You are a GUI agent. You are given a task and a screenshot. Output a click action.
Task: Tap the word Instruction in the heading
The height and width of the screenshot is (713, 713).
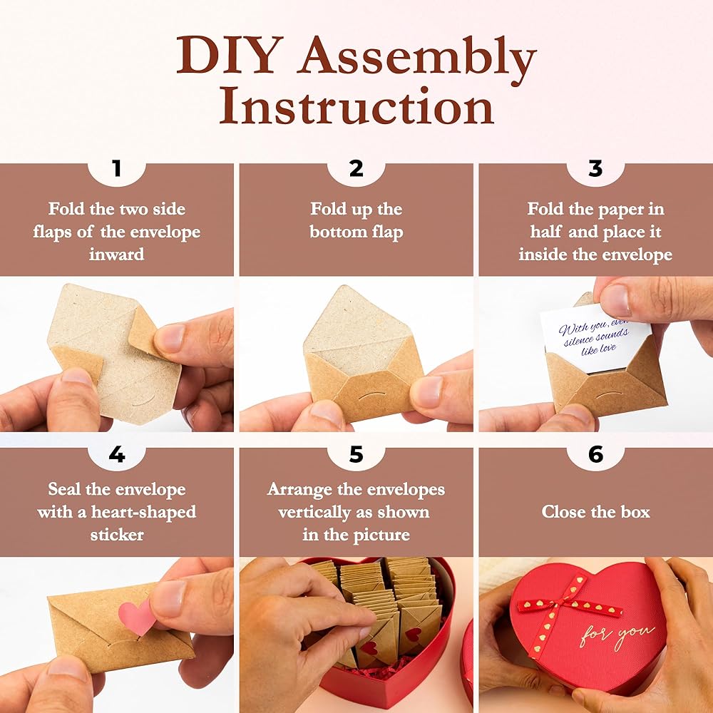357,106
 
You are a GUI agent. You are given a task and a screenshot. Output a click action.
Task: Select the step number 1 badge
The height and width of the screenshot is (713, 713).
117,169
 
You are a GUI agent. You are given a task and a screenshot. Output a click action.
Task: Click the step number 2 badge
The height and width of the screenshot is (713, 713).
356,169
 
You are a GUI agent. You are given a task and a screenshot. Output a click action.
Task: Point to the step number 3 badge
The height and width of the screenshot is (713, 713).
595,169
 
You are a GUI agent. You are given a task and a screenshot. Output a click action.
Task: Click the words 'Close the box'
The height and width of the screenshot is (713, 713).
595,512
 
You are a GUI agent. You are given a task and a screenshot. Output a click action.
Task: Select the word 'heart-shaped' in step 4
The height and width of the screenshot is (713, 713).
144,513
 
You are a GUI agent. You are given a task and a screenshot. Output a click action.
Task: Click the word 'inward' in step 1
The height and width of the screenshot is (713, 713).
117,254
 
